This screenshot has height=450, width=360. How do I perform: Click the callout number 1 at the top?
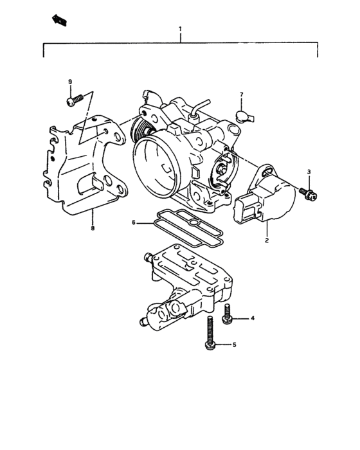180,30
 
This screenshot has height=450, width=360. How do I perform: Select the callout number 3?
309,172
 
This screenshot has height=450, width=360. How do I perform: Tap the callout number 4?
252,318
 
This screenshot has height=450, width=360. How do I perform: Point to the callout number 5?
234,345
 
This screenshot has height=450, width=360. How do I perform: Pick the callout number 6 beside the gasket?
134,222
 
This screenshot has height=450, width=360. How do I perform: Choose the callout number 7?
242,95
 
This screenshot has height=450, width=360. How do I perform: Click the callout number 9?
70,81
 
